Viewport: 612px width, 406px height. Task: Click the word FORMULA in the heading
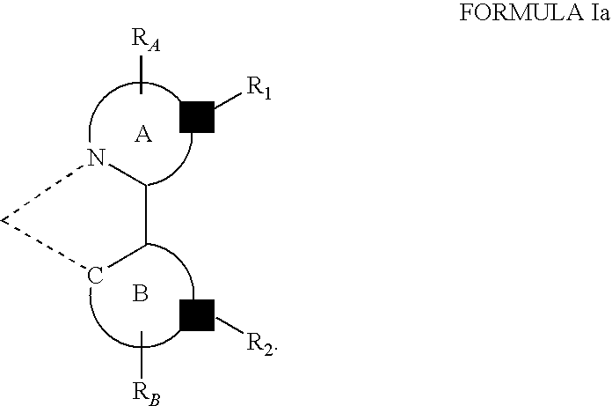pyautogui.click(x=521, y=12)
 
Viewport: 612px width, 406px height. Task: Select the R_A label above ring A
pyautogui.click(x=146, y=40)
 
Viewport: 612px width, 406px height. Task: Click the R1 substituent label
pyautogui.click(x=259, y=87)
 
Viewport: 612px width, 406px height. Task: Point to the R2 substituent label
pyautogui.click(x=260, y=343)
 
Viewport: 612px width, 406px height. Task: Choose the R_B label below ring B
pyautogui.click(x=146, y=394)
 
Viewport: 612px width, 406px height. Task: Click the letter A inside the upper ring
pyautogui.click(x=143, y=135)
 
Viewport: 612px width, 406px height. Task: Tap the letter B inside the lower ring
pyautogui.click(x=141, y=293)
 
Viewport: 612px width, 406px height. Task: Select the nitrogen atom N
pyautogui.click(x=97, y=158)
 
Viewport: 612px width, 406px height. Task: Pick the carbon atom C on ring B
pyautogui.click(x=95, y=276)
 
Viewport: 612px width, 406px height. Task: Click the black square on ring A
pyautogui.click(x=197, y=117)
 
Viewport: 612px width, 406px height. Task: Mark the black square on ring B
pyautogui.click(x=197, y=315)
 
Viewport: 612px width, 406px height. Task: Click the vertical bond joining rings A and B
pyautogui.click(x=146, y=214)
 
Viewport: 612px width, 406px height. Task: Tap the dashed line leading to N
pyautogui.click(x=43, y=192)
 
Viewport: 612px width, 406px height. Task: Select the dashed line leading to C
pyautogui.click(x=44, y=245)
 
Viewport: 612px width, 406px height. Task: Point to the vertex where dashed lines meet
pyautogui.click(x=3, y=220)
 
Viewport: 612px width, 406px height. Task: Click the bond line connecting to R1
pyautogui.click(x=229, y=100)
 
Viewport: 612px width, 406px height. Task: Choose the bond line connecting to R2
pyautogui.click(x=229, y=326)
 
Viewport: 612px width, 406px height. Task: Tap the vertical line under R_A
pyautogui.click(x=142, y=75)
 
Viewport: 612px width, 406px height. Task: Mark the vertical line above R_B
pyautogui.click(x=142, y=355)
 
